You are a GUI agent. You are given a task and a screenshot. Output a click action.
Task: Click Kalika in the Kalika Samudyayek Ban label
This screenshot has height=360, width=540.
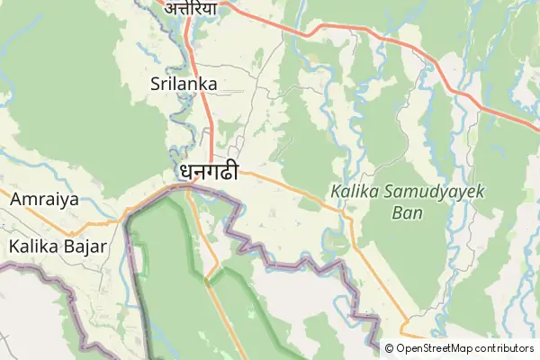coord(351,193)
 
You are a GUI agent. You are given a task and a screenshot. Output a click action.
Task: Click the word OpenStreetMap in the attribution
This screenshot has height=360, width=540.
coord(445,348)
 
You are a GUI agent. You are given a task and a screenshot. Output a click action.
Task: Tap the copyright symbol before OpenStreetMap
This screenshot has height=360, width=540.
coord(390,348)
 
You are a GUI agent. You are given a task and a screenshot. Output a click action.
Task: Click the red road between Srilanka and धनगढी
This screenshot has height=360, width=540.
coord(211,126)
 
